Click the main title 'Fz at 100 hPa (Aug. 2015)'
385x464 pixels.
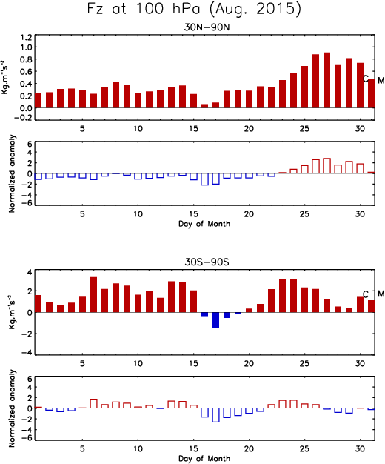tap(194, 9)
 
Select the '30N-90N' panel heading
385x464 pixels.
tap(207, 27)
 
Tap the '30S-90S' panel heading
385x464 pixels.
tap(207, 262)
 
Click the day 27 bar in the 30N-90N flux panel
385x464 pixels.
tap(327, 80)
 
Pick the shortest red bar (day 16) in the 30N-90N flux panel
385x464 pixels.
tap(204, 106)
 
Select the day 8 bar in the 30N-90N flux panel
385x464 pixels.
tap(116, 95)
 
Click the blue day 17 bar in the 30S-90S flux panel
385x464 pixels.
tap(216, 320)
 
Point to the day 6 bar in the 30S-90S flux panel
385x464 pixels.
tap(94, 295)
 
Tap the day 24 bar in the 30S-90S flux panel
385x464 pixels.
tap(293, 296)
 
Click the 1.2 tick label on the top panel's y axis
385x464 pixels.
tap(26, 38)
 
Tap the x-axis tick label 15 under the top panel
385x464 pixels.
tap(193, 129)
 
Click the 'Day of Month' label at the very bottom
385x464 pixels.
tap(204, 459)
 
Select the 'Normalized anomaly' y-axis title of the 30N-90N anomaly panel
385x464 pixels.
tap(12, 174)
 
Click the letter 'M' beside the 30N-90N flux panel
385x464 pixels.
tap(381, 80)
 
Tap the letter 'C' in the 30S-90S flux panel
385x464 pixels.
tap(366, 294)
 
